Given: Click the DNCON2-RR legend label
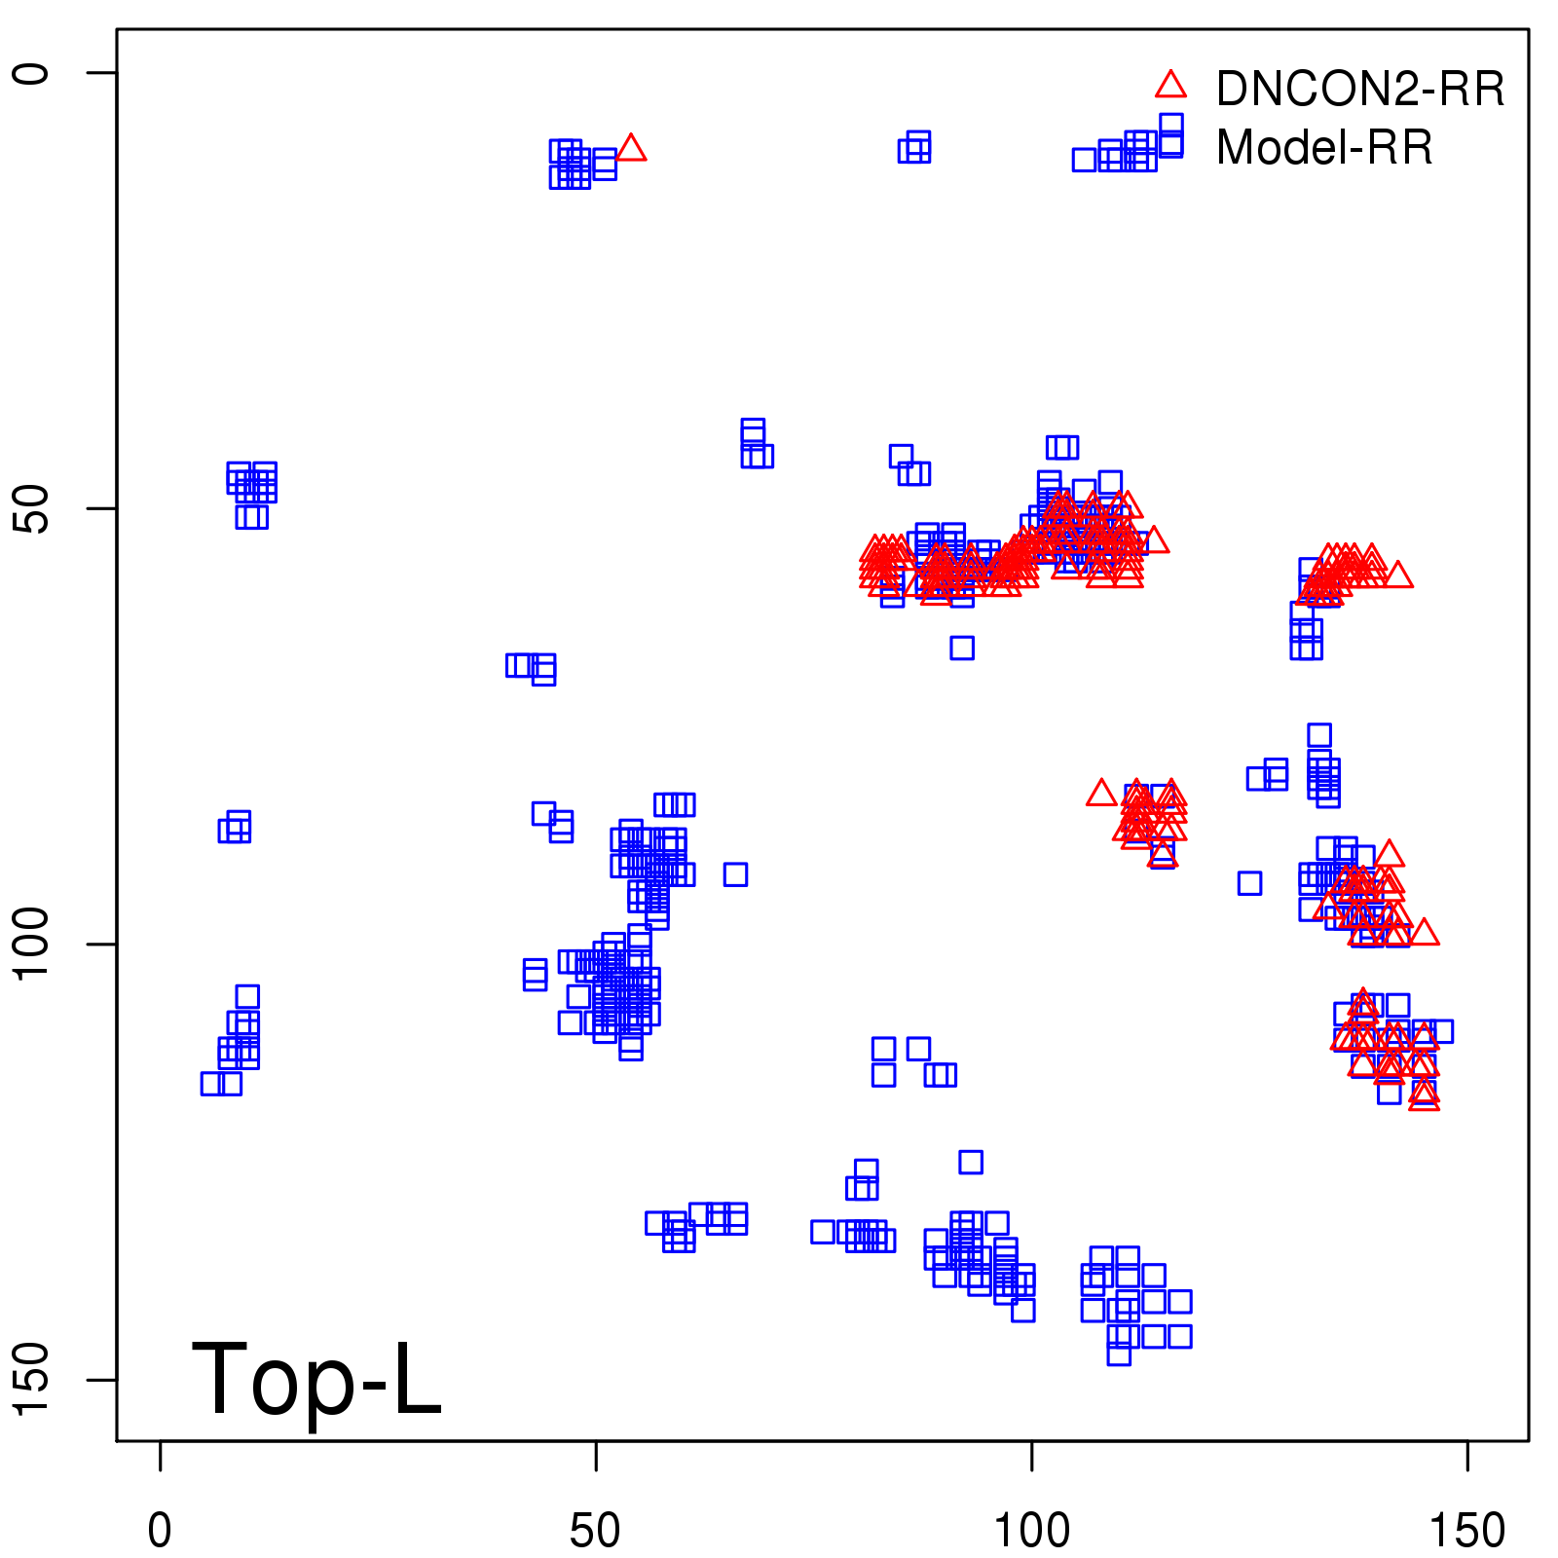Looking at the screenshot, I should pos(1359,90).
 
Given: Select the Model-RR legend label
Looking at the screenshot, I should pos(1324,148).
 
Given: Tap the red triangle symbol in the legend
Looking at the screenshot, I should pos(1170,86).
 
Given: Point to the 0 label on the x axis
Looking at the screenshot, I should pos(160,1531).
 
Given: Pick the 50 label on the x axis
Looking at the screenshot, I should pos(595,1531).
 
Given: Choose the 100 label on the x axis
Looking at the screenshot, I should pos(1031,1531).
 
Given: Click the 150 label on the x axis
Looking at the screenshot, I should pos(1466,1531).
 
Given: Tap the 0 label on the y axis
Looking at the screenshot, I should pos(31,73).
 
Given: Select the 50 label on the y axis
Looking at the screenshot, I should pos(31,508).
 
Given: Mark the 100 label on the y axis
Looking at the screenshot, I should pos(31,944).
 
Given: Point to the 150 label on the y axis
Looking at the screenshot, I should pos(31,1379).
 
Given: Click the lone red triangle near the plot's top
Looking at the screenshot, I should pos(631,148).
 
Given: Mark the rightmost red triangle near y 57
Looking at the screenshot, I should pos(1397,575).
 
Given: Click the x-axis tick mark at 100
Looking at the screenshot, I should pos(1031,1456).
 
